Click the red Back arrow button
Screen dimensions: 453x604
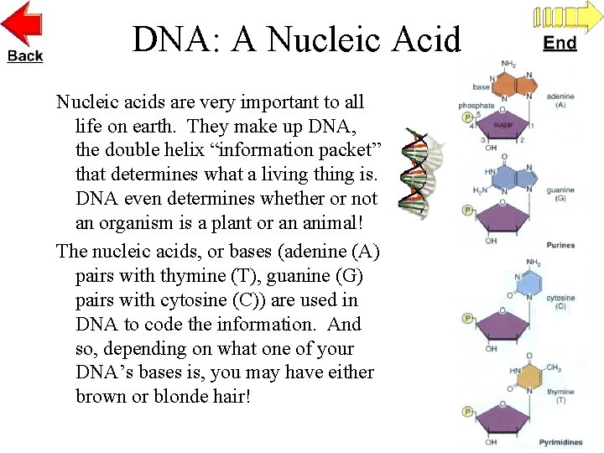(24, 32)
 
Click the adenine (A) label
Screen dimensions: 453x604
(560, 101)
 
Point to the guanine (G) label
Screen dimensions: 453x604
(560, 195)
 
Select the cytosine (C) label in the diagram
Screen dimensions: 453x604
(560, 302)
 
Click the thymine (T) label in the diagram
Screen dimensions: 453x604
(560, 396)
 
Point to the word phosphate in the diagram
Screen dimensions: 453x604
(476, 106)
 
